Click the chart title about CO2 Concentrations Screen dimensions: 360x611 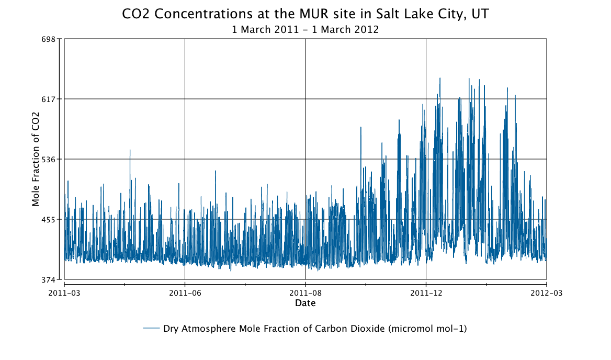coord(305,14)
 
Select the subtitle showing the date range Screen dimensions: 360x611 coord(305,30)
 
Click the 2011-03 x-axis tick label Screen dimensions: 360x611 coord(64,292)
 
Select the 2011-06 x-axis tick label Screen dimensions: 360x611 coord(185,292)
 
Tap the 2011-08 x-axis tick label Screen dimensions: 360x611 coord(305,292)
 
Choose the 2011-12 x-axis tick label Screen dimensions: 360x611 coord(426,292)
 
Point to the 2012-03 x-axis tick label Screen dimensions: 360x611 coord(546,292)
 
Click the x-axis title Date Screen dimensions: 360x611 coord(305,303)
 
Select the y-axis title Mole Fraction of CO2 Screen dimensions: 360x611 coord(36,159)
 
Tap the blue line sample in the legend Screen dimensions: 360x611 coord(151,329)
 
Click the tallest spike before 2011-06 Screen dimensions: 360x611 coord(130,151)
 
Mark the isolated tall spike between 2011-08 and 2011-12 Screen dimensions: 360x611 coord(360,128)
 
